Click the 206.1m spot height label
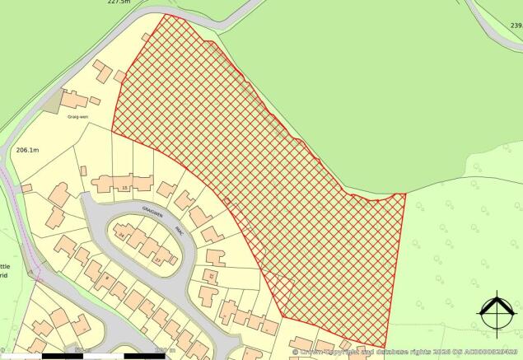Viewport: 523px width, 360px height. click(27, 151)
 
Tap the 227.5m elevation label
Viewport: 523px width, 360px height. click(119, 3)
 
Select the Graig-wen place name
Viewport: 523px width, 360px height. click(77, 117)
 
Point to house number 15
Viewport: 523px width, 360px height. click(125, 189)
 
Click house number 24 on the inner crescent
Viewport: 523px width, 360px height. click(123, 236)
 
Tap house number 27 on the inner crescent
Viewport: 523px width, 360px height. click(157, 260)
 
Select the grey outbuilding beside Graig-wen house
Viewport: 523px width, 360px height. click(50, 102)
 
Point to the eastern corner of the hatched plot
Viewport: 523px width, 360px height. click(405, 194)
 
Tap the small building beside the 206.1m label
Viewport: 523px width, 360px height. click(26, 189)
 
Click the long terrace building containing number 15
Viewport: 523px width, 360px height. click(122, 182)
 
